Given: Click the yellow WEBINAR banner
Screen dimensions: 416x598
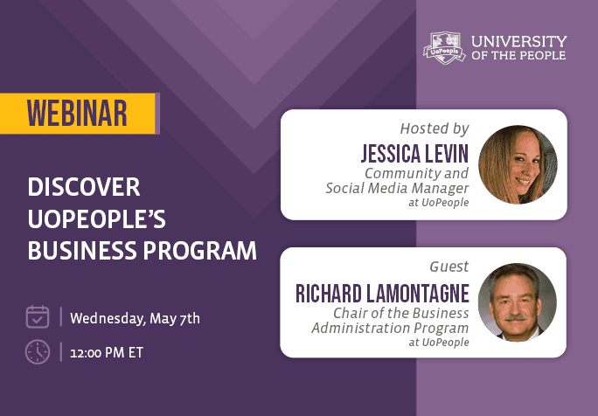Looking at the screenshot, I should (78, 113).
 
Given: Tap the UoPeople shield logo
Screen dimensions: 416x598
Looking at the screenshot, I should (444, 48).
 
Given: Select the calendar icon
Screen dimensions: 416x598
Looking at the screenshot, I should (38, 316).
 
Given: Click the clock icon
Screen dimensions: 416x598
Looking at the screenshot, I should (38, 351).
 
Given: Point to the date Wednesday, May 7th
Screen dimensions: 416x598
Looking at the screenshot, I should (135, 317).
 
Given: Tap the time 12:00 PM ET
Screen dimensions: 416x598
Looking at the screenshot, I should (107, 353).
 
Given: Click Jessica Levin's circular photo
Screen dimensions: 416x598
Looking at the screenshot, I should (518, 164).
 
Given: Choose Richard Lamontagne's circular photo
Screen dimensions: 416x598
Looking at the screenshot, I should (518, 302).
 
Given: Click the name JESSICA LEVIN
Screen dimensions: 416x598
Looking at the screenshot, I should (414, 154).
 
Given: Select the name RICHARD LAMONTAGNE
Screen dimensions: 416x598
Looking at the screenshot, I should (382, 293).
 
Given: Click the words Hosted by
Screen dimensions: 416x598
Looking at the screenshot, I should (434, 128).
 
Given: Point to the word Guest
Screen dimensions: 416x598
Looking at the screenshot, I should (448, 267).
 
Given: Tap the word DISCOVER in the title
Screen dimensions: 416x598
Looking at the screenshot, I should (84, 188).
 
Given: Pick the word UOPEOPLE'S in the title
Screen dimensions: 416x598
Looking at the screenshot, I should (98, 219).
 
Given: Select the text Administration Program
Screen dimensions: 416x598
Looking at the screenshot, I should (390, 328).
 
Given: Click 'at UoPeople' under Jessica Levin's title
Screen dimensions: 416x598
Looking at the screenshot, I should (438, 203).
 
